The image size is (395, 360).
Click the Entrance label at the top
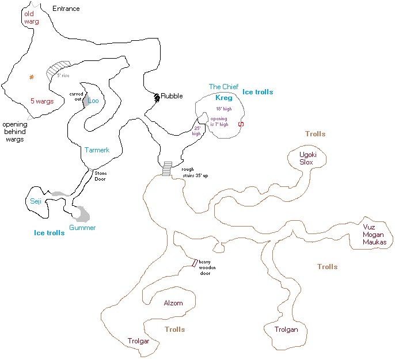coord(66,9)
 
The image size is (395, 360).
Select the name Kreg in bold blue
coord(223,98)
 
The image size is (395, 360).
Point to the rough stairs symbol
coord(167,169)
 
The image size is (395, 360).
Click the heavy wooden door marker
coord(195,263)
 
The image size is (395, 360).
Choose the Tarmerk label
coord(97,150)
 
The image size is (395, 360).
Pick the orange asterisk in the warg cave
coord(32,76)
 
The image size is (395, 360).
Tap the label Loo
coord(93,101)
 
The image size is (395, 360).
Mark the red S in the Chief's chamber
coord(241,124)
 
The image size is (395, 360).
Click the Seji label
coord(36,201)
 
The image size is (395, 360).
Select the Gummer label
coord(82,228)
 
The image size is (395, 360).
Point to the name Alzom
coord(173,303)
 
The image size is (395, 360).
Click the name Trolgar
coord(138,341)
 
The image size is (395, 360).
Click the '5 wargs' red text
coord(42,101)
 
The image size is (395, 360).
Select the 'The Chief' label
coord(223,87)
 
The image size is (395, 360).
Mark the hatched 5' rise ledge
coord(60,69)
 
